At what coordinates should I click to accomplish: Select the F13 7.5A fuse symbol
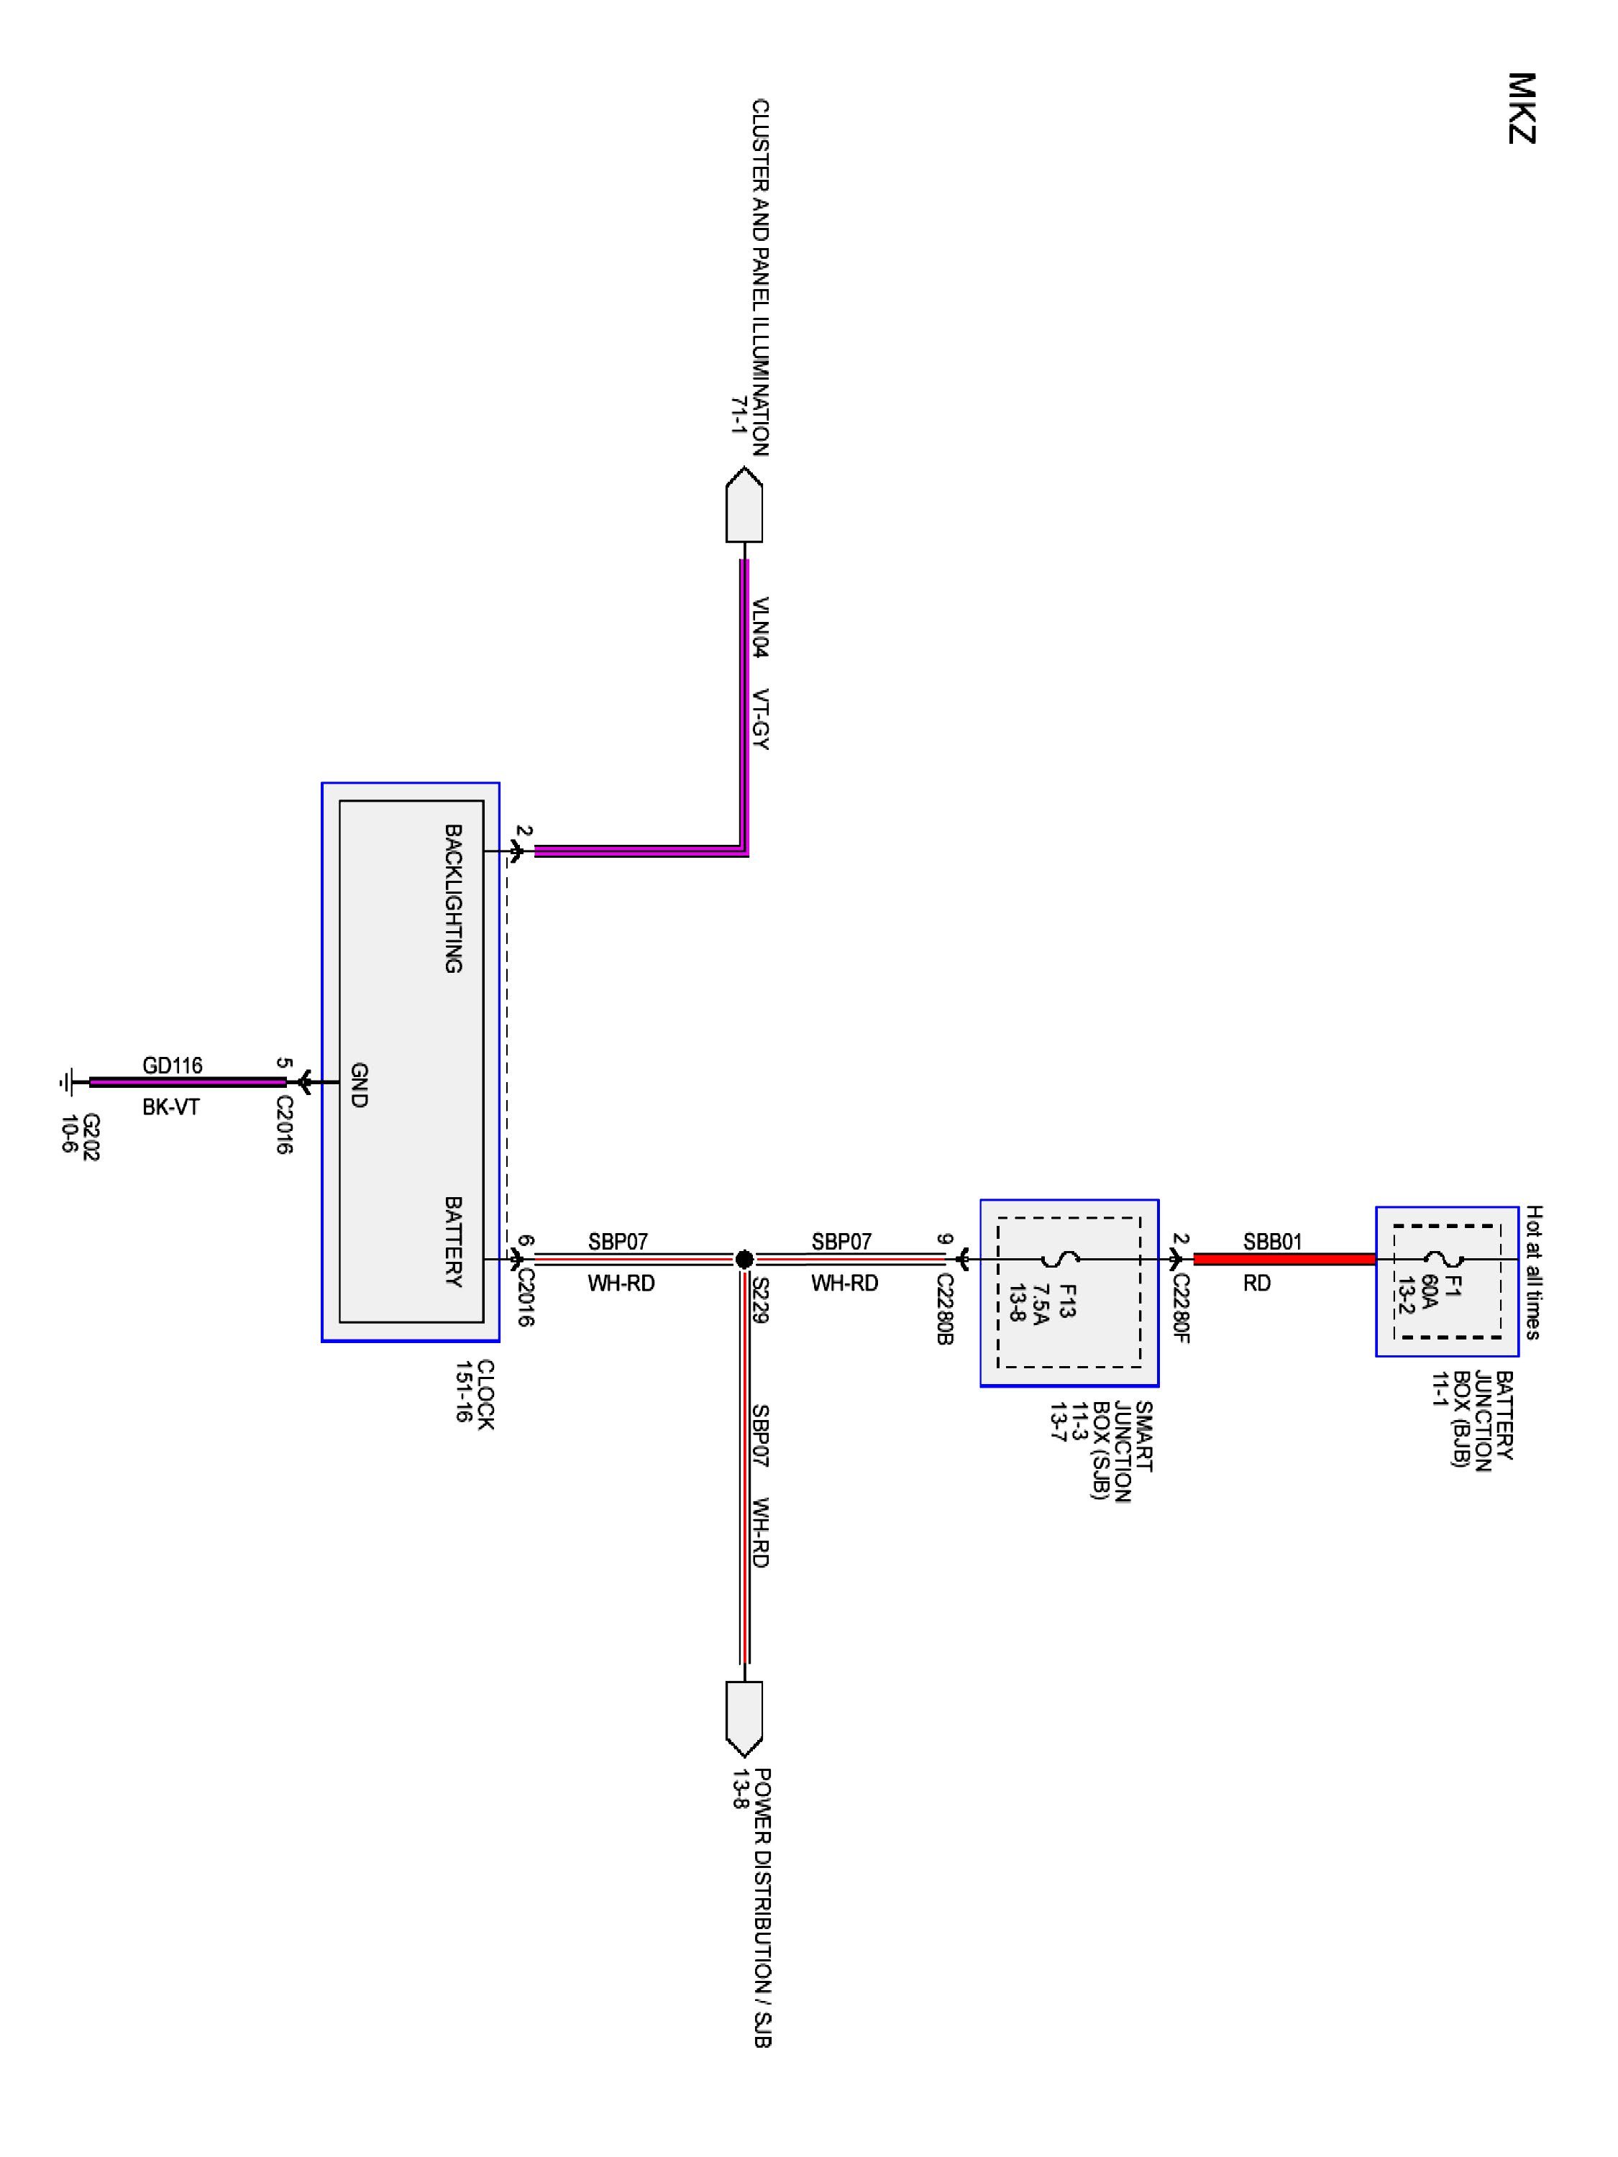pos(1067,1260)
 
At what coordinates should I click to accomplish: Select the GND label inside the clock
pos(358,1085)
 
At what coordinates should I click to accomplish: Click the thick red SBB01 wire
pos(1284,1259)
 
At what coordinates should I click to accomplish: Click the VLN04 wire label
pos(761,627)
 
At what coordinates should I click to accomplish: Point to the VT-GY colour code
pos(761,720)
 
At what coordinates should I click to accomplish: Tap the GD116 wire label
pos(173,1066)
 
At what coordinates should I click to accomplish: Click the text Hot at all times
pos(1533,1273)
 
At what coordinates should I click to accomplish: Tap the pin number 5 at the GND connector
pos(283,1063)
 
